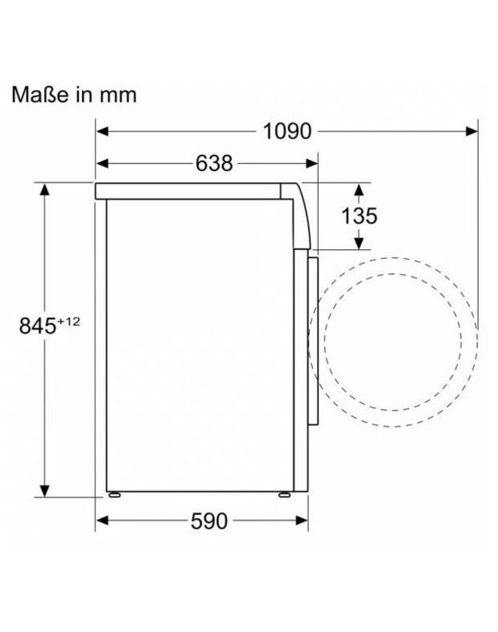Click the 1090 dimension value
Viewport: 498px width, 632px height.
click(x=287, y=131)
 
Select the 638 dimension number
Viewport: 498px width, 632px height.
click(x=214, y=164)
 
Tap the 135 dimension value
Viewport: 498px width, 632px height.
click(x=359, y=216)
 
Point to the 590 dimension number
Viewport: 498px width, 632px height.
click(x=209, y=521)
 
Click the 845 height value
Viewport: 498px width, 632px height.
click(x=37, y=326)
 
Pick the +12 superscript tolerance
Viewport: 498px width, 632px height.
click(x=69, y=322)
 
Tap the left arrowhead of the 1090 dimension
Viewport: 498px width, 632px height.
click(x=103, y=131)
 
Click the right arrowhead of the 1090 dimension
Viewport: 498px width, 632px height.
click(x=472, y=131)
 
